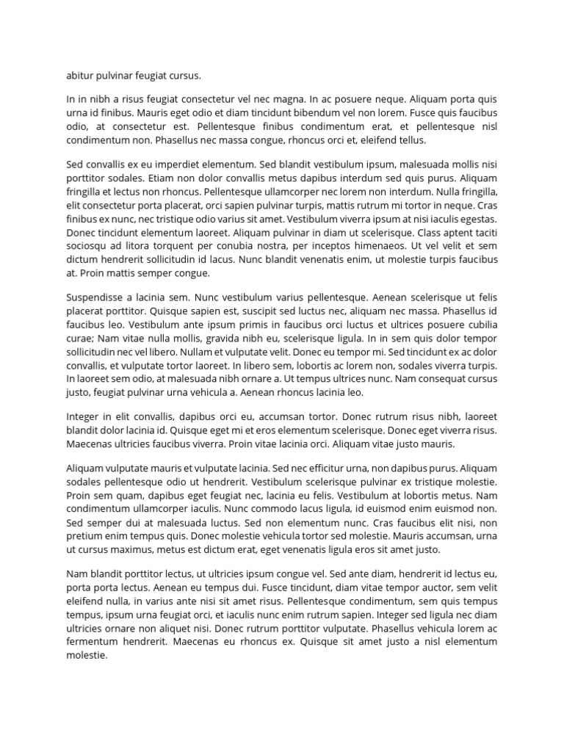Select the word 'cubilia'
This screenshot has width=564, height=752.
[478, 325]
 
